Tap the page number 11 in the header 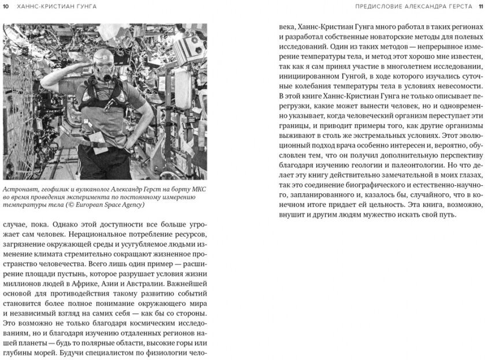coord(477,6)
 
